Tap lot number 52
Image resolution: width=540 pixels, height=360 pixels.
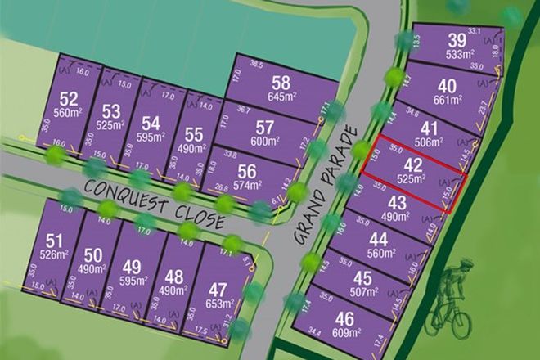click(68, 99)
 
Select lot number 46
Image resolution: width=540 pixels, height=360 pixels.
click(345, 319)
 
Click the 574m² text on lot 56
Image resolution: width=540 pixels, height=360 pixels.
click(246, 185)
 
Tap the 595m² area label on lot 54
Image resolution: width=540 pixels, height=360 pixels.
click(151, 137)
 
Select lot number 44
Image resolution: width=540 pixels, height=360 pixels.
click(378, 240)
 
